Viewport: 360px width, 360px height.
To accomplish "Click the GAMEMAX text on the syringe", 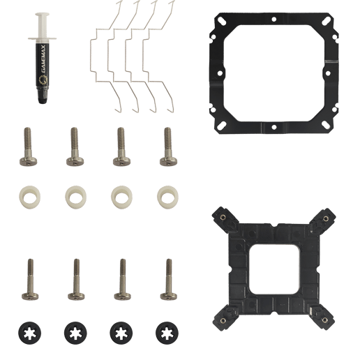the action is [44, 59].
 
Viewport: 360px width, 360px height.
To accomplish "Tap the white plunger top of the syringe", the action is [42, 15].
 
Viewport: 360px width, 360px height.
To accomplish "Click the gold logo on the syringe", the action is [43, 80].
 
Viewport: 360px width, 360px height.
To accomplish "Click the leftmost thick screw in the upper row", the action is [28, 147].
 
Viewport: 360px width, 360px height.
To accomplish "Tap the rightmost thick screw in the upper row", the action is [168, 147].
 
